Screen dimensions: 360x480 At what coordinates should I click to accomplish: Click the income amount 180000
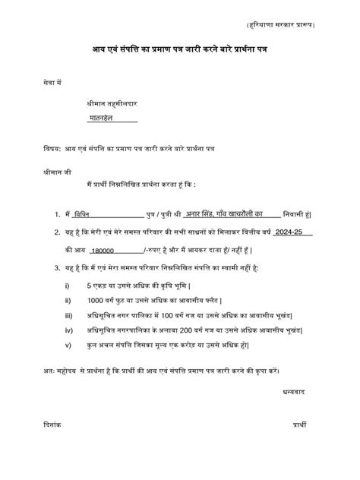click(101, 250)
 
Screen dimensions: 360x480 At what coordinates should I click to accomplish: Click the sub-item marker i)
click(68, 286)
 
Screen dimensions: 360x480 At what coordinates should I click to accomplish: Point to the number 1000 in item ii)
click(96, 301)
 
